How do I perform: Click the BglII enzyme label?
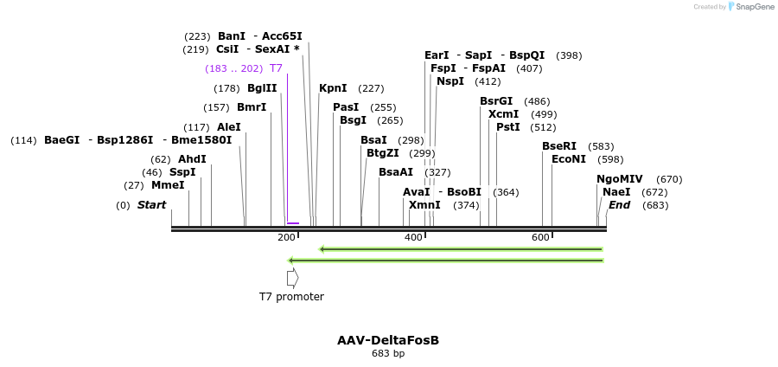click(262, 88)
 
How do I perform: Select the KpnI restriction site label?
click(333, 88)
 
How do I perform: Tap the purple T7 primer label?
click(276, 68)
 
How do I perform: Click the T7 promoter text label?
click(291, 297)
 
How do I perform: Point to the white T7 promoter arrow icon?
click(292, 278)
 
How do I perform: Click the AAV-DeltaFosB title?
click(388, 340)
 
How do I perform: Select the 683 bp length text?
click(388, 354)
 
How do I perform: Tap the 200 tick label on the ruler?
click(286, 237)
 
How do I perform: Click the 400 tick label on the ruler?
click(413, 237)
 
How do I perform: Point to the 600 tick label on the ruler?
click(540, 237)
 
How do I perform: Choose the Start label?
click(151, 205)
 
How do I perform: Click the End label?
click(619, 205)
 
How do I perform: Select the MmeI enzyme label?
click(168, 185)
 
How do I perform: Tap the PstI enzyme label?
click(507, 127)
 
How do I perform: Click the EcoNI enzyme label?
click(569, 159)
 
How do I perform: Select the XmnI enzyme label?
click(424, 205)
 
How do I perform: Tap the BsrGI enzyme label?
click(496, 101)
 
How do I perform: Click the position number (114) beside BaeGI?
click(23, 140)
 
